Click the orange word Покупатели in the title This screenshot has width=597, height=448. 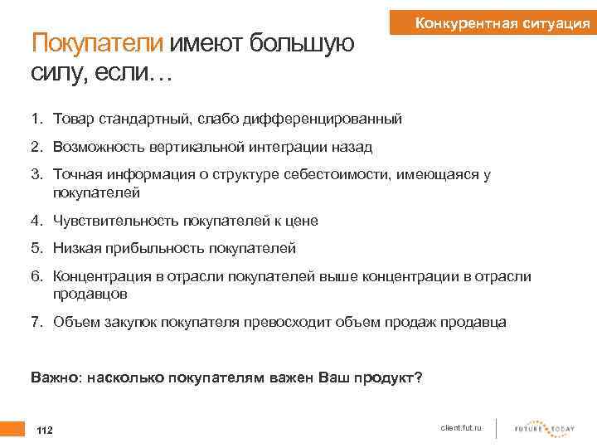[x=98, y=43]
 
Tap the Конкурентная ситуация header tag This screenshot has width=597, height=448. [x=502, y=23]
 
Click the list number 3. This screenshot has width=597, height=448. [x=36, y=174]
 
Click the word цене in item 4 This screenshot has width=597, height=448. [x=301, y=221]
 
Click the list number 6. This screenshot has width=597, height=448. [x=36, y=275]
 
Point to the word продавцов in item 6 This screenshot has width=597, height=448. [x=90, y=293]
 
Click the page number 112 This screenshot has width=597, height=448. [x=45, y=430]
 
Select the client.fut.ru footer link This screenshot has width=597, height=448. [x=463, y=427]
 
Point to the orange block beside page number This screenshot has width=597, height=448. [x=12, y=429]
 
